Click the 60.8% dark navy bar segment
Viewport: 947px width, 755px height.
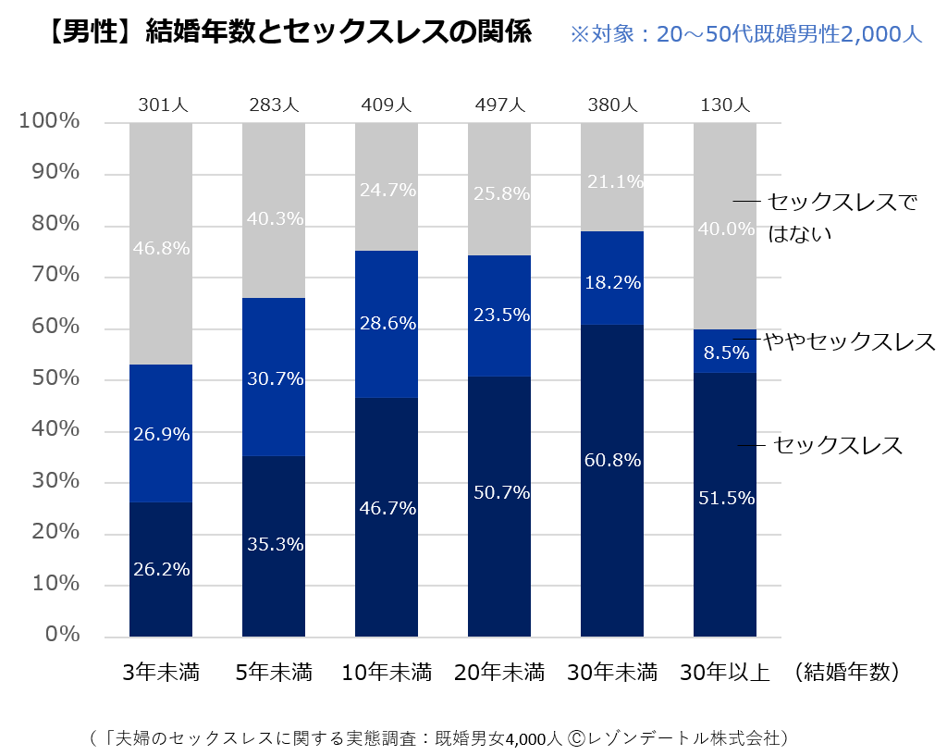click(x=612, y=480)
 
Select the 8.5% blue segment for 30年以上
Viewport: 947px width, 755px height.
click(x=725, y=352)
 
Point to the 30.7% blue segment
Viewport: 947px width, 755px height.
click(x=274, y=377)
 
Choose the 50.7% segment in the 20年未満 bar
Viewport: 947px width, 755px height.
click(x=499, y=506)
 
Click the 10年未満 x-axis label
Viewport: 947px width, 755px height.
click(x=387, y=672)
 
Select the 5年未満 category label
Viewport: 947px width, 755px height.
click(x=274, y=672)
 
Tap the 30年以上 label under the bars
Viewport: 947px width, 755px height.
click(x=725, y=672)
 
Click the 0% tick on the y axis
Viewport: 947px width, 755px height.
click(x=64, y=636)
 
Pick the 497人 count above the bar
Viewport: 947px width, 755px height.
click(x=499, y=105)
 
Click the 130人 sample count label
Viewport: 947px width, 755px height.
click(x=725, y=105)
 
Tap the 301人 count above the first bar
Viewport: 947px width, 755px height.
click(x=161, y=105)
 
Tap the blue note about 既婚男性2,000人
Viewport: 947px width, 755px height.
click(x=745, y=35)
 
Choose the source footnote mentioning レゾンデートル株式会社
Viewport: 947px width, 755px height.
click(x=439, y=737)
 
